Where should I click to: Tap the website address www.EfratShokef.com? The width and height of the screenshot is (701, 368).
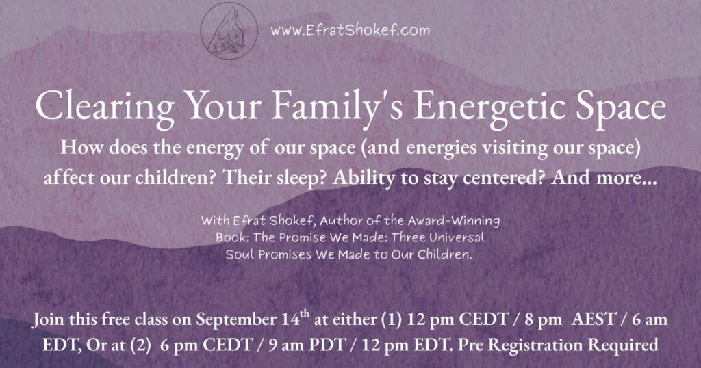tap(350, 30)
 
